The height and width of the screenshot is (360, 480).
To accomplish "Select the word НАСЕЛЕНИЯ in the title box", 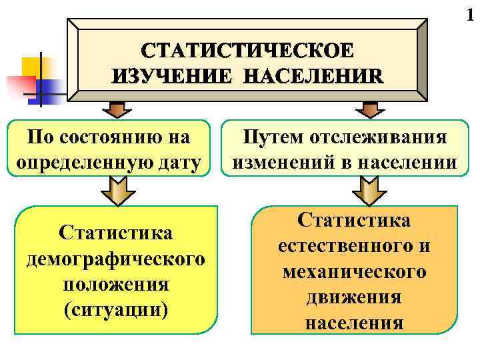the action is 313,75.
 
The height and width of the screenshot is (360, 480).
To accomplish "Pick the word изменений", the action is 279,161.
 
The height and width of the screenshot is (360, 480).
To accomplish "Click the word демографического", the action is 115,258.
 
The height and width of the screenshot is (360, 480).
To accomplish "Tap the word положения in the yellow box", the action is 115,283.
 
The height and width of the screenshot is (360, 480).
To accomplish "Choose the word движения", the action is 354,297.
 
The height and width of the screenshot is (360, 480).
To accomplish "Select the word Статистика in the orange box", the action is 354,221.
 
